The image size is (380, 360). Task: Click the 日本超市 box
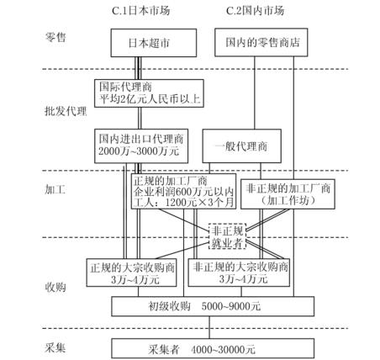click(x=154, y=43)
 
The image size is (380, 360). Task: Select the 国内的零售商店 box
click(x=261, y=42)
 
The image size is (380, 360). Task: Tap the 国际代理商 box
click(x=149, y=93)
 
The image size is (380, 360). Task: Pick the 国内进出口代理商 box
click(x=141, y=146)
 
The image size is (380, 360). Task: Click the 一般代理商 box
click(x=241, y=146)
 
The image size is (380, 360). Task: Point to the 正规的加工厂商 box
click(x=183, y=191)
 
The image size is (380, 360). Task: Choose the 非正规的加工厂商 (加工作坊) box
click(x=288, y=194)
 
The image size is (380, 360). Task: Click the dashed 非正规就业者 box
click(x=228, y=236)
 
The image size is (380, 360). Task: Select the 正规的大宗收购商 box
click(x=131, y=273)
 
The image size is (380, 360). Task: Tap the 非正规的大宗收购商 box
click(x=239, y=273)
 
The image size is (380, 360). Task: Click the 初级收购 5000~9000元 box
click(x=213, y=306)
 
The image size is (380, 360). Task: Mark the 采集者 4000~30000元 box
click(x=213, y=348)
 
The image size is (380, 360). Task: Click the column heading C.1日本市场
click(x=141, y=11)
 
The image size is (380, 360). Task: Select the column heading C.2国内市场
click(x=255, y=11)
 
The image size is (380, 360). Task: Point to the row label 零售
click(x=55, y=37)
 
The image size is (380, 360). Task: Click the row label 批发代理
click(x=66, y=111)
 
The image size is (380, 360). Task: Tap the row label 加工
click(x=55, y=190)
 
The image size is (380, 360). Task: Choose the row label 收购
click(x=55, y=287)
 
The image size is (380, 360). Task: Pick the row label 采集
click(x=55, y=348)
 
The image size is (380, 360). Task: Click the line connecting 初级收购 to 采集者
click(x=209, y=327)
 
